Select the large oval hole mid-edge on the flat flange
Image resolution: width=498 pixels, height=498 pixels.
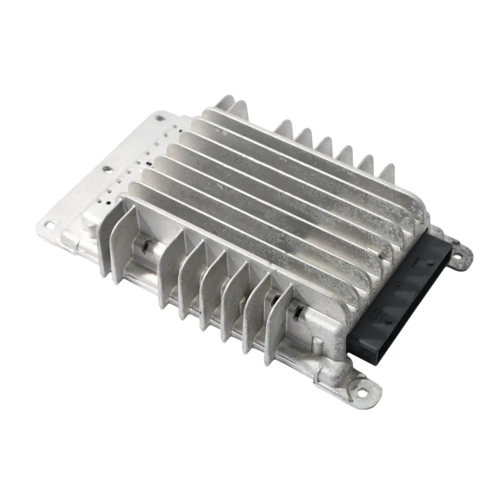(x=107, y=170)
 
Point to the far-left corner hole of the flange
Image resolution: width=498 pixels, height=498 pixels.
(x=48, y=225)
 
